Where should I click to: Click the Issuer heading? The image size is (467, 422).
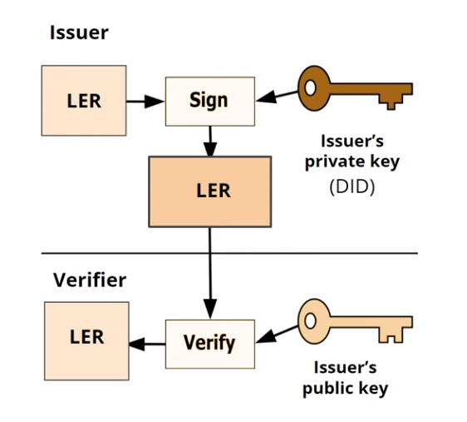tap(79, 33)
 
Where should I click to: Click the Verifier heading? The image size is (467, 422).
tap(90, 280)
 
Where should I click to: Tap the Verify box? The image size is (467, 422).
tap(209, 343)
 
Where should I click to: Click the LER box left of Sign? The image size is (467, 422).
tap(83, 101)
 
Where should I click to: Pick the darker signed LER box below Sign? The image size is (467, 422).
tap(209, 191)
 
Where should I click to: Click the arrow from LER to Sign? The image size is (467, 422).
tap(145, 102)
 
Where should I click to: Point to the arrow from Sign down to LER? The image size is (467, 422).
tap(209, 140)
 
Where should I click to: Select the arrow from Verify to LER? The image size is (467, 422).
tap(147, 342)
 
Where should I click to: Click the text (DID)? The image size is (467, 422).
tap(351, 187)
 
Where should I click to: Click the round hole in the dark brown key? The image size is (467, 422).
tap(312, 86)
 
